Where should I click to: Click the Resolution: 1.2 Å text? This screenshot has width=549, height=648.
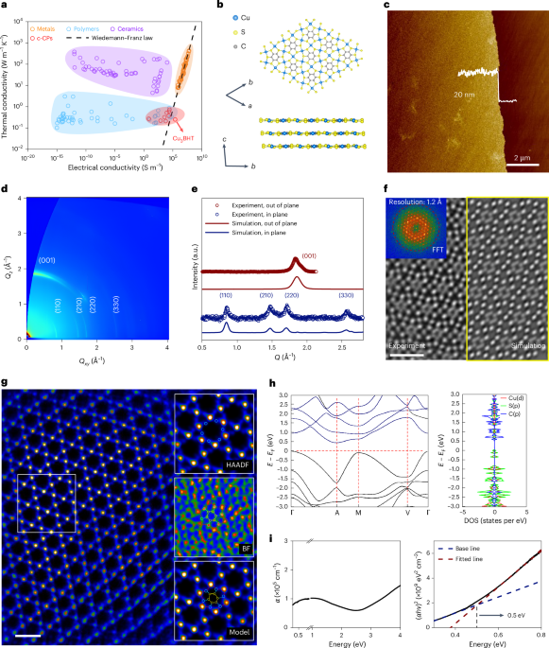pyautogui.click(x=420, y=201)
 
